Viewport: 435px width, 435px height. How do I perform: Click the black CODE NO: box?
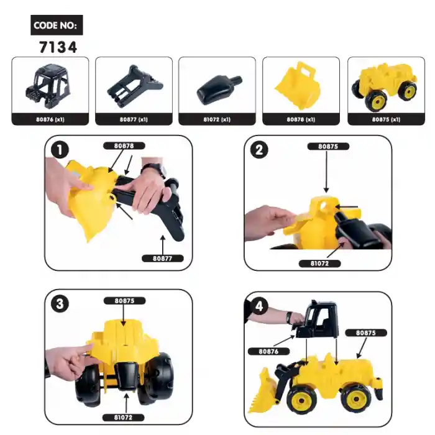57,25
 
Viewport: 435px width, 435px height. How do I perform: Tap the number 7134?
57,47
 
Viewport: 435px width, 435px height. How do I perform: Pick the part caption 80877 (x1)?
134,119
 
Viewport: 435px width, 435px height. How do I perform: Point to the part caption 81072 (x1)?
217,119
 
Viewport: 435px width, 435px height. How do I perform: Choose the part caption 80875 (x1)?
385,119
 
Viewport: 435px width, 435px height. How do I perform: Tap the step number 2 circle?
259,150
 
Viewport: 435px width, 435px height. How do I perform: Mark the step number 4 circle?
259,306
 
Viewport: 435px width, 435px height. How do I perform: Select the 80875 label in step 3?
124,300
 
